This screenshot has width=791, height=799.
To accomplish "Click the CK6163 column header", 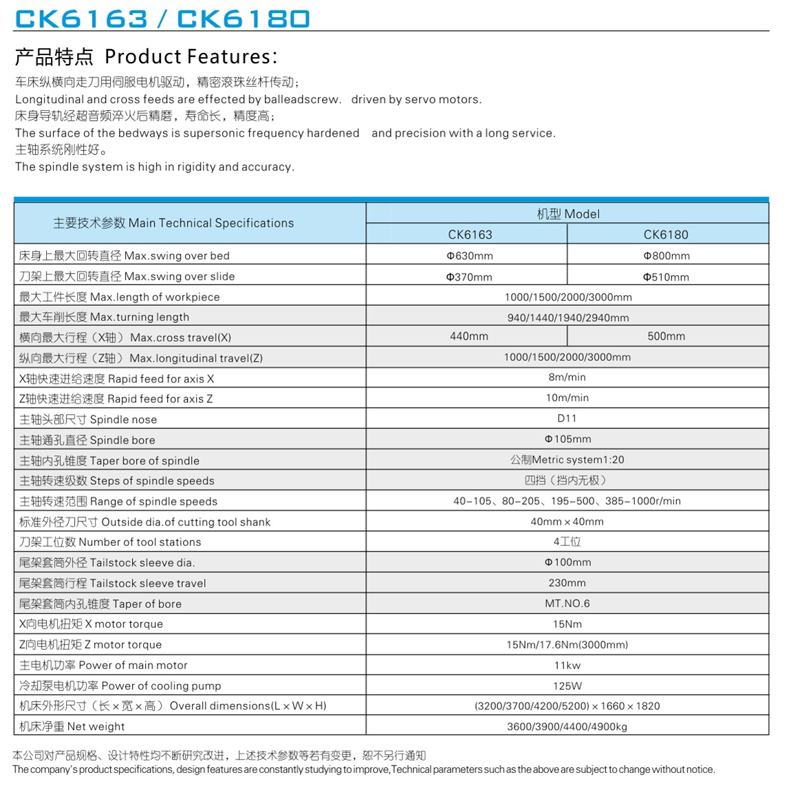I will pyautogui.click(x=470, y=234).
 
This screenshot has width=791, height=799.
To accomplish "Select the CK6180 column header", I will pyautogui.click(x=665, y=234).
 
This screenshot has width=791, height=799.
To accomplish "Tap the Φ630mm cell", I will pyautogui.click(x=470, y=256).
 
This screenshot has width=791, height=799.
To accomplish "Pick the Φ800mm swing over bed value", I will pyautogui.click(x=666, y=256).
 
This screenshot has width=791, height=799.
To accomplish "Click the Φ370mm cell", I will pyautogui.click(x=469, y=277).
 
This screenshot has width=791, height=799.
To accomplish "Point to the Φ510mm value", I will pyautogui.click(x=666, y=277).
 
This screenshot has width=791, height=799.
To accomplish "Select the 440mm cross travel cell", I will pyautogui.click(x=469, y=336).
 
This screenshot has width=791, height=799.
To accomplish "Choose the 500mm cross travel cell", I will pyautogui.click(x=666, y=336).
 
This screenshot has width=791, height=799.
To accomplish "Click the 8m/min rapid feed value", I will pyautogui.click(x=567, y=377).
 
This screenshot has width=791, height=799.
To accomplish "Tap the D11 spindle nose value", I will pyautogui.click(x=567, y=418).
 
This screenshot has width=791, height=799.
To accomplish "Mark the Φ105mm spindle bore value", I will pyautogui.click(x=567, y=439).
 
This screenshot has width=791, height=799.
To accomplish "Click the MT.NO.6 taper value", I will pyautogui.click(x=567, y=603).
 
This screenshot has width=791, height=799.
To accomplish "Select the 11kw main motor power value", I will pyautogui.click(x=567, y=665).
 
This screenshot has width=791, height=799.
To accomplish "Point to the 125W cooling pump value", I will pyautogui.click(x=567, y=686).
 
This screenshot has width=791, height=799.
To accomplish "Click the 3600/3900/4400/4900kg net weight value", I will pyautogui.click(x=567, y=726).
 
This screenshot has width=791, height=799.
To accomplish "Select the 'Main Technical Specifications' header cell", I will pyautogui.click(x=173, y=223).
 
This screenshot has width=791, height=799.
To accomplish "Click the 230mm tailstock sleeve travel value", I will pyautogui.click(x=567, y=582).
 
